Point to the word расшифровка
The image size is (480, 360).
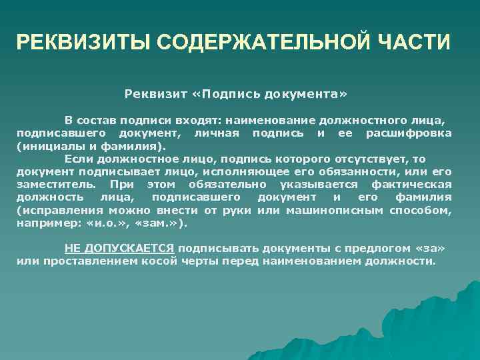409,134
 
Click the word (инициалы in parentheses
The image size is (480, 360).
46,147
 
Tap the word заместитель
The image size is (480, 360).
55,185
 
